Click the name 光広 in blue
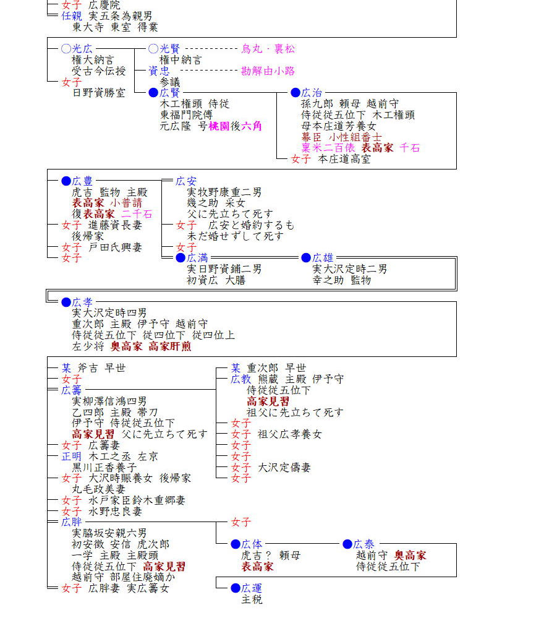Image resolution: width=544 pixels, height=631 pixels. pyautogui.click(x=83, y=49)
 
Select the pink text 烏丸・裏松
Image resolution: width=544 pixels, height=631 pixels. pyautogui.click(x=268, y=49)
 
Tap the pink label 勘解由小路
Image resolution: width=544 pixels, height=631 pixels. pyautogui.click(x=268, y=71)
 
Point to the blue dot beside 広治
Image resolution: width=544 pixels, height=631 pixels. pyautogui.click(x=295, y=93)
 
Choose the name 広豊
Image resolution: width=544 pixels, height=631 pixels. pyautogui.click(x=83, y=181)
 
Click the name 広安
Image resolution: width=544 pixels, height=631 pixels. pyautogui.click(x=186, y=181)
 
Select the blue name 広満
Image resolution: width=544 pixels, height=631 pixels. pyautogui.click(x=198, y=258)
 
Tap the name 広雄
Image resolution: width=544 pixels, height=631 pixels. pyautogui.click(x=323, y=258)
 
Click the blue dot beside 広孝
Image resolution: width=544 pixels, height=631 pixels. pyautogui.click(x=66, y=303)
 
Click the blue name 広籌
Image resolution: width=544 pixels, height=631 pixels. pyautogui.click(x=72, y=390)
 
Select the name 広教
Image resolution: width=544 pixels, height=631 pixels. pyautogui.click(x=241, y=379)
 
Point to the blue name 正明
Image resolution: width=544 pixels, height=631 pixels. pyautogui.click(x=72, y=457)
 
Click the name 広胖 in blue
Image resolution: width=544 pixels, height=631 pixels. pyautogui.click(x=72, y=523)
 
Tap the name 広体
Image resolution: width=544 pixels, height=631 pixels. pyautogui.click(x=252, y=544)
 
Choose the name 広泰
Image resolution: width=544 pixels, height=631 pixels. pyautogui.click(x=363, y=544)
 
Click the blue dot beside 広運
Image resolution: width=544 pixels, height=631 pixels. pyautogui.click(x=235, y=588)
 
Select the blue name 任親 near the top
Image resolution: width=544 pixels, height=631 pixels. pyautogui.click(x=72, y=16)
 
